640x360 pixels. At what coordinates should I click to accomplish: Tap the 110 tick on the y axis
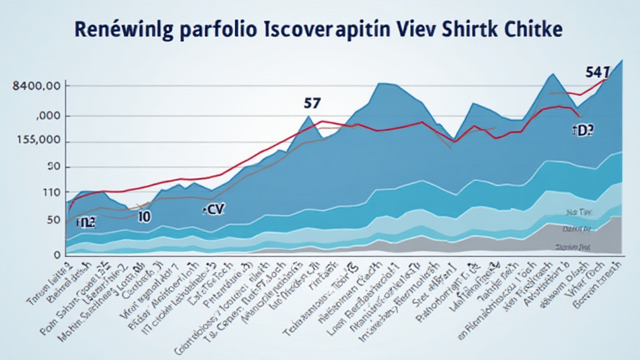38,193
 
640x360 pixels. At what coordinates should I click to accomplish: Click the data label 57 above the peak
312,102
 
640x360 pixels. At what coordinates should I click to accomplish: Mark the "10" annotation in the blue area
144,217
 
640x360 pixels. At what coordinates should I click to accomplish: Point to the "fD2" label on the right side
582,130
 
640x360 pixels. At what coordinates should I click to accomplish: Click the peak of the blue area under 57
308,116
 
